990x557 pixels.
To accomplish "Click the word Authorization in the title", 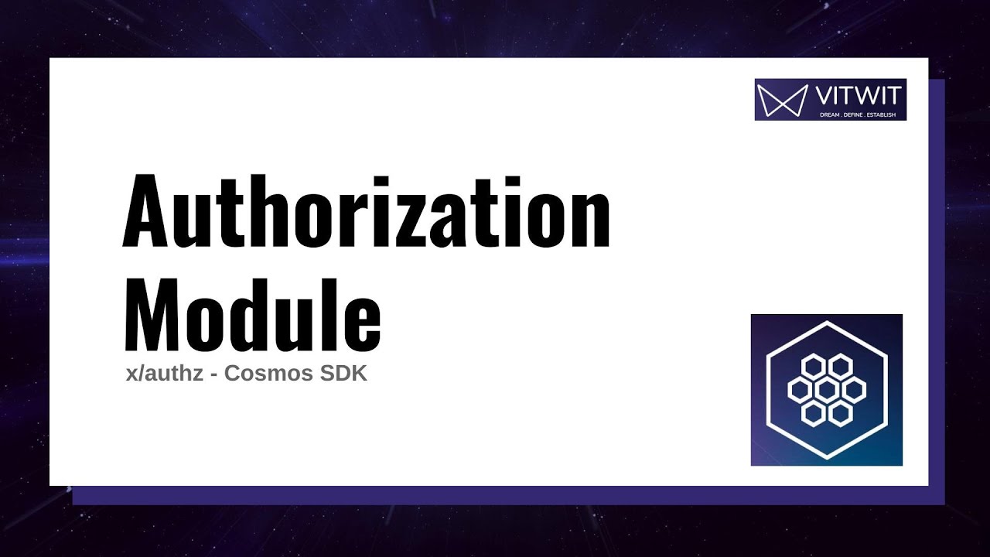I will pyautogui.click(x=367, y=210).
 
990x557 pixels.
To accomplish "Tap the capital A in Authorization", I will pyautogui.click(x=150, y=210).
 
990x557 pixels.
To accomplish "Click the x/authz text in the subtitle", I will pyautogui.click(x=164, y=374).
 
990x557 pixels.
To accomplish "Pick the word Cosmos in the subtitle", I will pyautogui.click(x=266, y=374).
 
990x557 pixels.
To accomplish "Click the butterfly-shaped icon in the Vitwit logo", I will pyautogui.click(x=780, y=100).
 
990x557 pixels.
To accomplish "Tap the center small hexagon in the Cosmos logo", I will pyautogui.click(x=827, y=389).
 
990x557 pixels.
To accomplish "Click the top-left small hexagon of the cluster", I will pyautogui.click(x=813, y=365).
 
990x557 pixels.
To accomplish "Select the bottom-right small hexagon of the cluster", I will pyautogui.click(x=841, y=413).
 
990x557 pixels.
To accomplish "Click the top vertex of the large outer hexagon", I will pyautogui.click(x=827, y=320).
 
